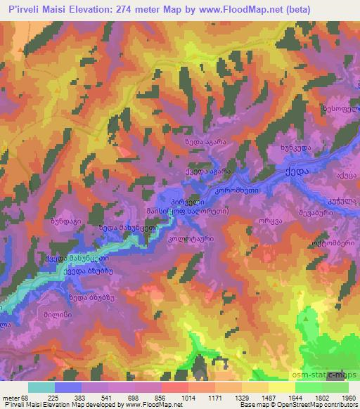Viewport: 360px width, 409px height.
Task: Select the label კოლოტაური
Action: point(190,239)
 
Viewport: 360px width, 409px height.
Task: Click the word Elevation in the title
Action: point(86,8)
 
